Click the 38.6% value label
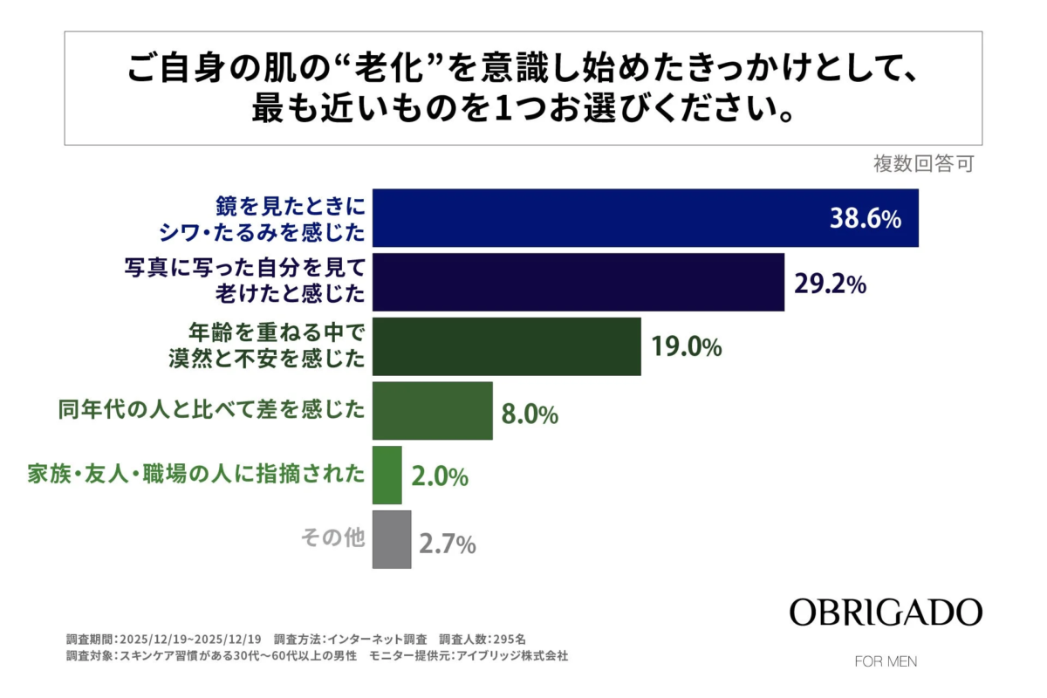click(x=864, y=219)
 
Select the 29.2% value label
click(x=830, y=283)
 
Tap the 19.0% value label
click(x=686, y=347)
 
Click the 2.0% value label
click(x=439, y=477)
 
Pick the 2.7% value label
click(x=447, y=544)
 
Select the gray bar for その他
click(x=392, y=539)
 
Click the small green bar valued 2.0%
click(x=387, y=476)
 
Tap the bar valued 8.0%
click(x=432, y=411)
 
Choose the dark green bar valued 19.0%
click(x=506, y=346)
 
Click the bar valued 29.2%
click(x=578, y=282)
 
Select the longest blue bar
click(x=645, y=218)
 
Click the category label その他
click(x=332, y=539)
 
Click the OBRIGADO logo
click(x=886, y=612)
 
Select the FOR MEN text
click(x=886, y=661)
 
